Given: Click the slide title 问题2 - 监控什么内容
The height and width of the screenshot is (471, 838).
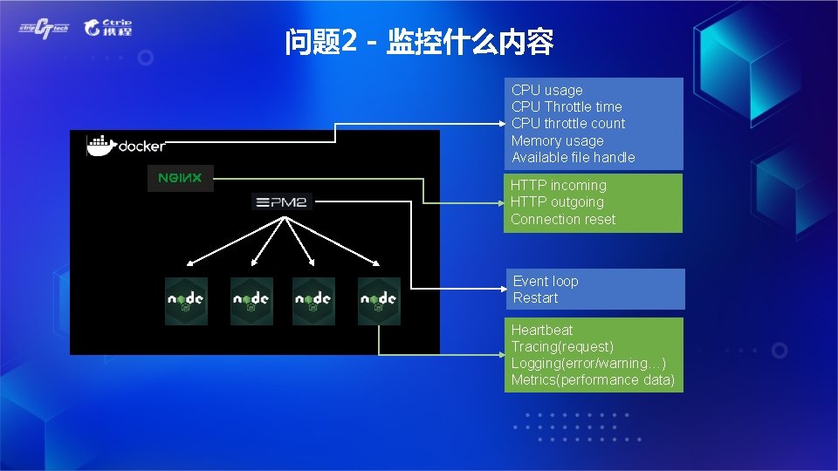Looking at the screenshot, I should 419,42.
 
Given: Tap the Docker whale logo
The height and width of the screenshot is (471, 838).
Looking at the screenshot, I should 101,145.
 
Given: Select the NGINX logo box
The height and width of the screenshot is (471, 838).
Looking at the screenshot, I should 180,178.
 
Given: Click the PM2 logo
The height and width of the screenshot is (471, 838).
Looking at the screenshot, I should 282,202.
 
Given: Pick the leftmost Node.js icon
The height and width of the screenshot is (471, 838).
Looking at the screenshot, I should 187,301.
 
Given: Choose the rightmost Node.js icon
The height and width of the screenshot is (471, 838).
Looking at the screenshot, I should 379,301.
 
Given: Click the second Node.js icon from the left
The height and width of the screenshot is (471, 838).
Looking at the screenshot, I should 251,301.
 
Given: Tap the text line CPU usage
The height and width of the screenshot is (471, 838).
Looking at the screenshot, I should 547,90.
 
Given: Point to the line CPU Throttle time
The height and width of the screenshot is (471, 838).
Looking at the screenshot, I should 567,106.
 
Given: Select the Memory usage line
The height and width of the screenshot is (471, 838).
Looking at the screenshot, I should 557,140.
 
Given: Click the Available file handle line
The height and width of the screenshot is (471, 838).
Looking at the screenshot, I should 573,157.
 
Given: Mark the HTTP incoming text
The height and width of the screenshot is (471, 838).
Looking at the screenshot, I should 558,185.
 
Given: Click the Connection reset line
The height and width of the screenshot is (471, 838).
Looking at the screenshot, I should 563,219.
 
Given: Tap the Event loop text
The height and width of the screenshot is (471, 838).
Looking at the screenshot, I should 546,281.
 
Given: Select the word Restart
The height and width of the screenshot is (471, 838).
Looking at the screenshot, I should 535,297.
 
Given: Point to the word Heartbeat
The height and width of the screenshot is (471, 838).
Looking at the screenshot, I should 542,330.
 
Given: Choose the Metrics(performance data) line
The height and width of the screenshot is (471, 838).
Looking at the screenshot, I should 593,379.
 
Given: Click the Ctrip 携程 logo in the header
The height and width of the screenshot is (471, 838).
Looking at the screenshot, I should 108,27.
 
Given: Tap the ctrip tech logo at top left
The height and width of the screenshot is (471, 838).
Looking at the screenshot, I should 44,28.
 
